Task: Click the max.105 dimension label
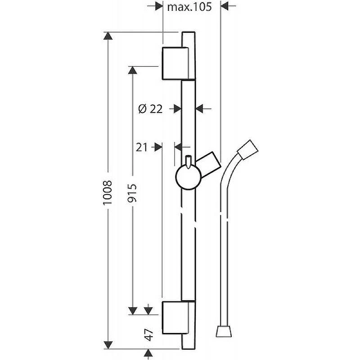click(x=189, y=7)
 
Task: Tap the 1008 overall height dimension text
click(x=108, y=193)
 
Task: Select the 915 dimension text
click(x=132, y=193)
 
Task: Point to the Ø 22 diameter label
click(x=150, y=108)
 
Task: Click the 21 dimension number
click(x=141, y=147)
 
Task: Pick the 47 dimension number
click(x=149, y=334)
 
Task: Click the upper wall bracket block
click(x=175, y=63)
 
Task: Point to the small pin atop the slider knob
click(x=189, y=162)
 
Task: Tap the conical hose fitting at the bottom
click(x=223, y=331)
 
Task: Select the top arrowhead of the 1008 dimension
click(x=108, y=36)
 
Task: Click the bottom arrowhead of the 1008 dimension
click(x=108, y=345)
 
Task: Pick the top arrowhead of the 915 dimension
click(x=132, y=70)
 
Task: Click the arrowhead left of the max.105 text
click(x=159, y=6)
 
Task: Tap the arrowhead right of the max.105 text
click(x=224, y=6)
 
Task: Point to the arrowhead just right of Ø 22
click(x=177, y=109)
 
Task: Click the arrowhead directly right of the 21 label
click(x=158, y=147)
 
